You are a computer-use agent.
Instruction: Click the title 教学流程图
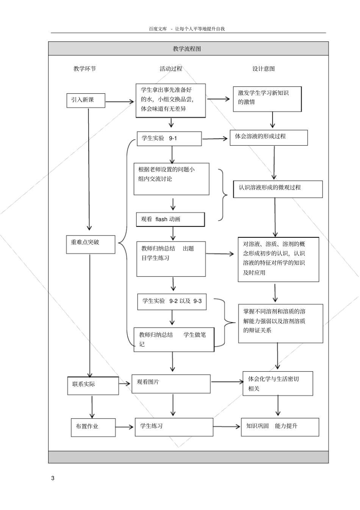pyautogui.click(x=187, y=49)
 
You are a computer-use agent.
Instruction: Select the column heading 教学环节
pyautogui.click(x=85, y=69)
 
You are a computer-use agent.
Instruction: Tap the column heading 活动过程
pyautogui.click(x=171, y=69)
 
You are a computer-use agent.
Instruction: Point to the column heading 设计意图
pyautogui.click(x=264, y=69)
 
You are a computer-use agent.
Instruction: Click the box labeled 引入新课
pyautogui.click(x=86, y=100)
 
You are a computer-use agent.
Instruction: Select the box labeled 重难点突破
pyautogui.click(x=91, y=245)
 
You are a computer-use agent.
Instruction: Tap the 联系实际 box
pyautogui.click(x=93, y=386)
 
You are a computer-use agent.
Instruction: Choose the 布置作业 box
pyautogui.click(x=93, y=427)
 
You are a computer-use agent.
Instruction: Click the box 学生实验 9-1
pyautogui.click(x=169, y=139)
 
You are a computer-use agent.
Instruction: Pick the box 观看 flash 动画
pyautogui.click(x=170, y=220)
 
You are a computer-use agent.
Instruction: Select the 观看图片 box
pyautogui.click(x=171, y=384)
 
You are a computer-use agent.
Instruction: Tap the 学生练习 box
pyautogui.click(x=174, y=427)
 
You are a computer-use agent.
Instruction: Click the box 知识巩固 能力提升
pyautogui.click(x=280, y=427)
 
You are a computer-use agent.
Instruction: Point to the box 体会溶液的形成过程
pyautogui.click(x=269, y=138)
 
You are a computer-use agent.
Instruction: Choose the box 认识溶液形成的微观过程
pyautogui.click(x=278, y=189)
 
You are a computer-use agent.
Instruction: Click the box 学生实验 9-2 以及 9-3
pyautogui.click(x=172, y=301)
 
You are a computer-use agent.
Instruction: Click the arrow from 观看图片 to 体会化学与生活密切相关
pyautogui.click(x=227, y=382)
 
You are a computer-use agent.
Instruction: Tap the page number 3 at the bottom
pyautogui.click(x=53, y=478)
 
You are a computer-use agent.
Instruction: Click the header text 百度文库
pyautogui.click(x=158, y=28)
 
